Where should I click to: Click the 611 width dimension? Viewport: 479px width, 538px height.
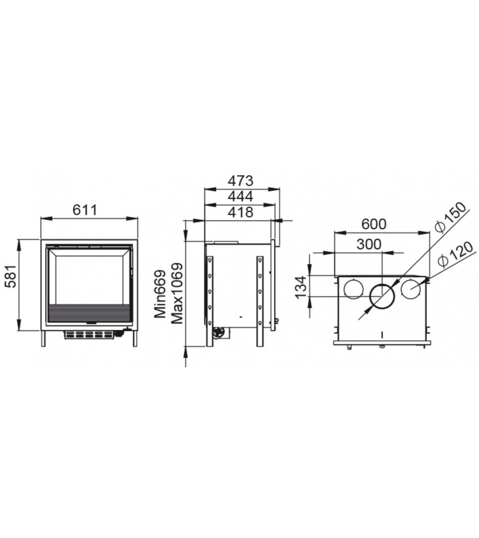[85, 209]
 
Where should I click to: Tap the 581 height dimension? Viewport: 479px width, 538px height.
[11, 276]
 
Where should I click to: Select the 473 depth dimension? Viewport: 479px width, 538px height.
[240, 180]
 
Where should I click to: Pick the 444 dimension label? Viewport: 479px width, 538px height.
[240, 196]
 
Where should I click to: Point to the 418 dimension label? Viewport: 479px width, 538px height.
[240, 212]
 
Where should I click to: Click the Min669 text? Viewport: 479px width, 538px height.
[160, 294]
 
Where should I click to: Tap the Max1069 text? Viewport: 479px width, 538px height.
[177, 294]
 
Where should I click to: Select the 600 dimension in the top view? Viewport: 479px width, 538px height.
[374, 224]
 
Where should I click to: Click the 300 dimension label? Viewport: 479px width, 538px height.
[369, 244]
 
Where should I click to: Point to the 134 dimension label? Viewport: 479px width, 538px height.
[301, 287]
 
